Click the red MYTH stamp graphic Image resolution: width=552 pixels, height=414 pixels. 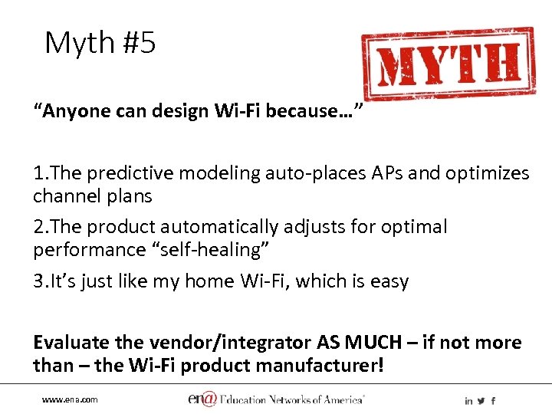click(x=449, y=64)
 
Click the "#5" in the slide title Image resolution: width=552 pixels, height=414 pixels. click(x=137, y=43)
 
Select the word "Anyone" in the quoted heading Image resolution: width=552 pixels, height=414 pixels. click(x=69, y=111)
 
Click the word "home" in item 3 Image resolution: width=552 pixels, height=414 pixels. click(x=208, y=281)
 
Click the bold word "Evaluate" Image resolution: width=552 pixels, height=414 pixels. click(x=71, y=343)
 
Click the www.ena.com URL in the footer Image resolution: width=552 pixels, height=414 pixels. click(x=70, y=400)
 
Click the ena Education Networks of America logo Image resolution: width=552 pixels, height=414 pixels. click(x=276, y=399)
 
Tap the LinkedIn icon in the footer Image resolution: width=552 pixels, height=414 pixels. click(x=468, y=401)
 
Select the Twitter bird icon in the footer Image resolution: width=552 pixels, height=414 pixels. click(x=481, y=401)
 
